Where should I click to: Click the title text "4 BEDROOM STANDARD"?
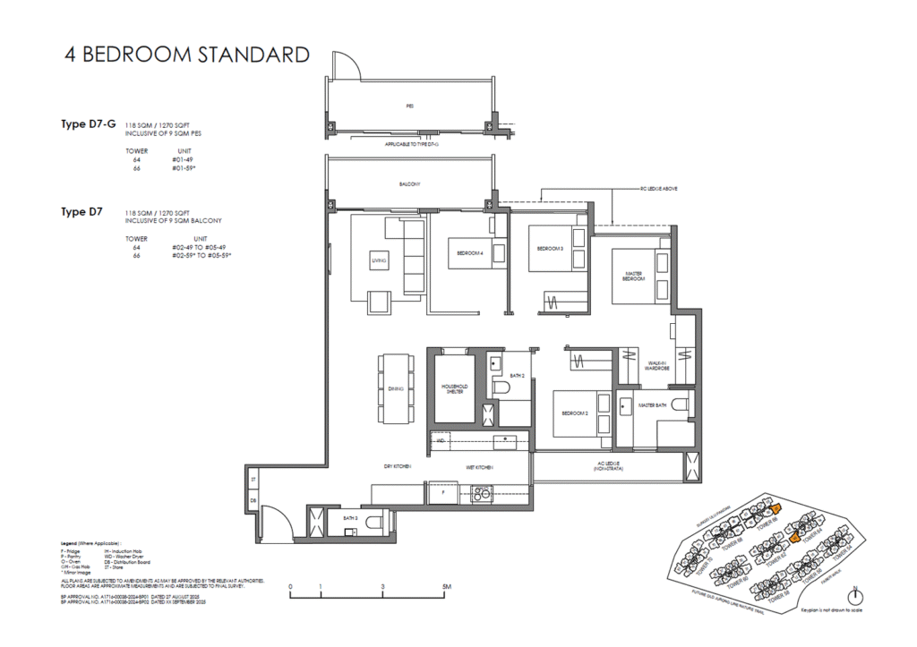(187, 55)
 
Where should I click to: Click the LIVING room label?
(378, 261)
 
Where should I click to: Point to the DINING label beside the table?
(396, 389)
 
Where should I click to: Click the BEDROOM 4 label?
(470, 253)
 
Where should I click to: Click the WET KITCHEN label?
(476, 468)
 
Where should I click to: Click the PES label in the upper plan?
(409, 105)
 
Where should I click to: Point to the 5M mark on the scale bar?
(445, 588)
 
